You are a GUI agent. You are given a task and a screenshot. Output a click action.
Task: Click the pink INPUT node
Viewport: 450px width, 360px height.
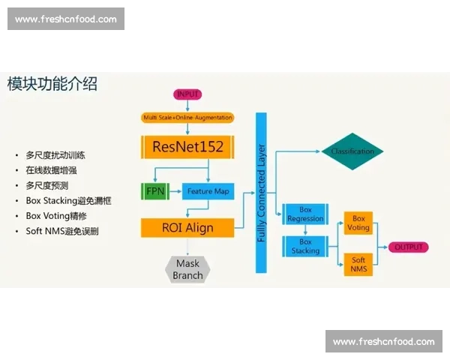(187, 94)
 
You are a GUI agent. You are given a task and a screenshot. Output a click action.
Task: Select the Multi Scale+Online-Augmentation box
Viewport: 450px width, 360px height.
(187, 118)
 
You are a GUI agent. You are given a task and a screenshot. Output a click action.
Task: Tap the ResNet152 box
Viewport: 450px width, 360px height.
(187, 146)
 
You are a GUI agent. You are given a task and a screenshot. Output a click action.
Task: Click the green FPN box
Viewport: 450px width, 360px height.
(155, 190)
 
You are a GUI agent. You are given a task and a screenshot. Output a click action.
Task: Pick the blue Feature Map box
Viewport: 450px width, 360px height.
(208, 190)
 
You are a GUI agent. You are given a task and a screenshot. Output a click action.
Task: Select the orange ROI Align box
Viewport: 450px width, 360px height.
(187, 227)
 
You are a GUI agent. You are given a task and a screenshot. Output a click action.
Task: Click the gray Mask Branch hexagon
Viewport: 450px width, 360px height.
(187, 269)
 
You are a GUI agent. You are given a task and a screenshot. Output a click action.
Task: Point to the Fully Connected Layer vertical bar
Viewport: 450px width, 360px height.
(261, 192)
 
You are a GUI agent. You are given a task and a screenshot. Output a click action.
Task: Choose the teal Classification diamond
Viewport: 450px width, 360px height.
(352, 152)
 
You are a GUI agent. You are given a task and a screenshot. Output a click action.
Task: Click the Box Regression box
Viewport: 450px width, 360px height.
(305, 214)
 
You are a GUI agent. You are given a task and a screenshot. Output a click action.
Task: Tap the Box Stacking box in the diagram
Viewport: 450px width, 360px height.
(305, 246)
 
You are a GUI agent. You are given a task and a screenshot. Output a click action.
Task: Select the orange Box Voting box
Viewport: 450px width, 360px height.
(358, 223)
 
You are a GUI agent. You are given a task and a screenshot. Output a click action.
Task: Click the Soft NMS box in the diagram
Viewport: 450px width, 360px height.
(358, 263)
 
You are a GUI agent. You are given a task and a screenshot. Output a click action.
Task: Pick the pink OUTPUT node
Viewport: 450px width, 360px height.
(409, 247)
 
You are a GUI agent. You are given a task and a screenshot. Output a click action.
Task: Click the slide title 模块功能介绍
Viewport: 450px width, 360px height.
(52, 83)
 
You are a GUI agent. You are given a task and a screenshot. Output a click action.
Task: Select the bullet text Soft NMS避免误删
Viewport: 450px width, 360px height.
(61, 231)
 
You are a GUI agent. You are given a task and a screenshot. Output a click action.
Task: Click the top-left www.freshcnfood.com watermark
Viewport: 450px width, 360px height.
(66, 19)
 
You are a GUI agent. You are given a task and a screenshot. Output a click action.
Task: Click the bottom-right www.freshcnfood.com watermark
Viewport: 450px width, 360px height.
(383, 342)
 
